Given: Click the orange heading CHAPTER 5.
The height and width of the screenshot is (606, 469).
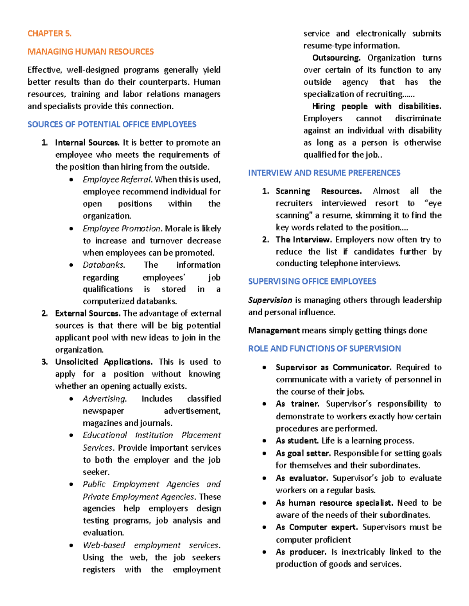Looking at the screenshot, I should point(49,34).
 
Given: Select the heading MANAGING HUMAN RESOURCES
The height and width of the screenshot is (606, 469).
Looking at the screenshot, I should point(90,52).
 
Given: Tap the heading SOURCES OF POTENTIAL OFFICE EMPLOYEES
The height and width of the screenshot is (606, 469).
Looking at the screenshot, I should point(112,124).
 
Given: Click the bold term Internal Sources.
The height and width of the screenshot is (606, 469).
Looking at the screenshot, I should point(87,142).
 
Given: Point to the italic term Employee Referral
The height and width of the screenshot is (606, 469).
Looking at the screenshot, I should point(117,179).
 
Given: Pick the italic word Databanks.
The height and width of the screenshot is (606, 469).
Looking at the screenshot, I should point(104,265).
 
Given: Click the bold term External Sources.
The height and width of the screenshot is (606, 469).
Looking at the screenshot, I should point(87,313).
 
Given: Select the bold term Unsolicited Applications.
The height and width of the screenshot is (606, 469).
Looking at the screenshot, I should point(104,362).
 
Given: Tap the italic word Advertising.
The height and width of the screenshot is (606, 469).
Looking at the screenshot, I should point(104,399).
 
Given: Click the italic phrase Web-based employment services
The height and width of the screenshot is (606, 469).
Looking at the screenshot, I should point(151,545).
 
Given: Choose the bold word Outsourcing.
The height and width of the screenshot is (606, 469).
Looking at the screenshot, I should point(336,58).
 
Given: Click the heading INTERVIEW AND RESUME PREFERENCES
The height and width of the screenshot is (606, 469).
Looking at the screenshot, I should point(324,172).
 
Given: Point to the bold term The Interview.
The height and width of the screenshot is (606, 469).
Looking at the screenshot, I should point(303,240).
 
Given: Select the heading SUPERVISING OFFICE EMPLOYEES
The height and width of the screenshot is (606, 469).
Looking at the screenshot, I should point(312,281).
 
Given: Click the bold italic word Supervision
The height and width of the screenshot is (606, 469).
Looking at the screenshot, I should point(270,300).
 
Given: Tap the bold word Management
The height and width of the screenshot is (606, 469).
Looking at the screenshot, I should point(274,331).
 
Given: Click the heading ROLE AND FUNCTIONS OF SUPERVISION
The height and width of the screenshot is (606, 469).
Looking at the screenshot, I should point(324,348).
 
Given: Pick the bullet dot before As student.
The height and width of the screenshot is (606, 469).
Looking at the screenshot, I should point(265,441).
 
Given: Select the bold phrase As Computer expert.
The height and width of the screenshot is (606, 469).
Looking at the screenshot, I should point(317,527).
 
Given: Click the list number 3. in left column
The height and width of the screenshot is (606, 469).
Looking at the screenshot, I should point(45,362).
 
